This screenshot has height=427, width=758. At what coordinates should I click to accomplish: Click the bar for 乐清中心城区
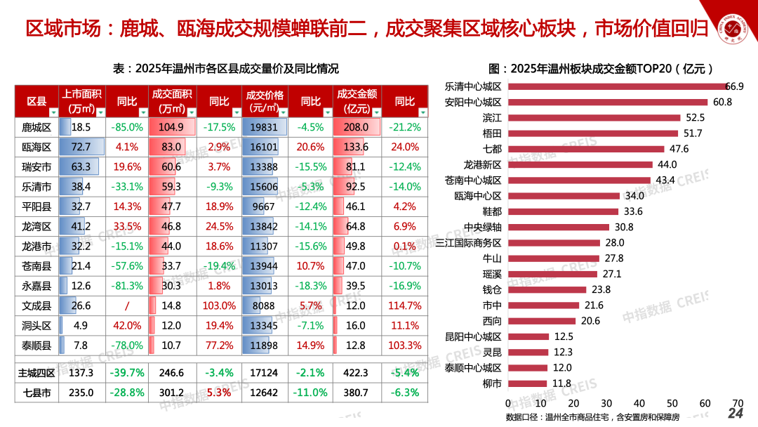pyautogui.click(x=616, y=86)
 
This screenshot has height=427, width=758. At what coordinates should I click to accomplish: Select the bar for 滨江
pyautogui.click(x=594, y=118)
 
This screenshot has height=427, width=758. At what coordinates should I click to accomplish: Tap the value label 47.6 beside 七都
pyautogui.click(x=679, y=149)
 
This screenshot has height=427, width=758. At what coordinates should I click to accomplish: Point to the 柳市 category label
pyautogui.click(x=492, y=383)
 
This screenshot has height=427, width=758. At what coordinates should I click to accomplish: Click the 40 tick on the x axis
pyautogui.click(x=639, y=403)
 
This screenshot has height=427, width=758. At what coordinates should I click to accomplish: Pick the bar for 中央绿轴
pyautogui.click(x=558, y=227)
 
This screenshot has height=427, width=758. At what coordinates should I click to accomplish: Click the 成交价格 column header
pyautogui.click(x=264, y=101)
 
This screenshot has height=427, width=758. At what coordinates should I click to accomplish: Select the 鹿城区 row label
pyautogui.click(x=36, y=127)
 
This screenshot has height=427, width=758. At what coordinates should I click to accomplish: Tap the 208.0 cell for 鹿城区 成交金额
pyautogui.click(x=357, y=127)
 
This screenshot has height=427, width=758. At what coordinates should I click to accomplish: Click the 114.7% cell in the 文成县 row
pyautogui.click(x=404, y=306)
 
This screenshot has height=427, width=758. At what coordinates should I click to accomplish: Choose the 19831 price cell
pyautogui.click(x=264, y=127)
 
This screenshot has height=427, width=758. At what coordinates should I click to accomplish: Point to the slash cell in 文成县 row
pyautogui.click(x=127, y=306)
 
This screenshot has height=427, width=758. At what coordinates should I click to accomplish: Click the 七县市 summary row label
pyautogui.click(x=36, y=393)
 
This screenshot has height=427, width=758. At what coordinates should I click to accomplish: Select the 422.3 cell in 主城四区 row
pyautogui.click(x=357, y=373)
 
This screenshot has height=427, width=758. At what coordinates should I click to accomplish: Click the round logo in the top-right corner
pyautogui.click(x=734, y=29)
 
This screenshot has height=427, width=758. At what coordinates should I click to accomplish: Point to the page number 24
pyautogui.click(x=735, y=413)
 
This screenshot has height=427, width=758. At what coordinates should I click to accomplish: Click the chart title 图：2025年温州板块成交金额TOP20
pyautogui.click(x=600, y=68)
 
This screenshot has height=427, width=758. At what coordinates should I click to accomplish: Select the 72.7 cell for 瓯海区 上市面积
pyautogui.click(x=81, y=147)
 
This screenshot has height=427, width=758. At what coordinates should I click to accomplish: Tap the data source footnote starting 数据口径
pyautogui.click(x=592, y=418)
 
